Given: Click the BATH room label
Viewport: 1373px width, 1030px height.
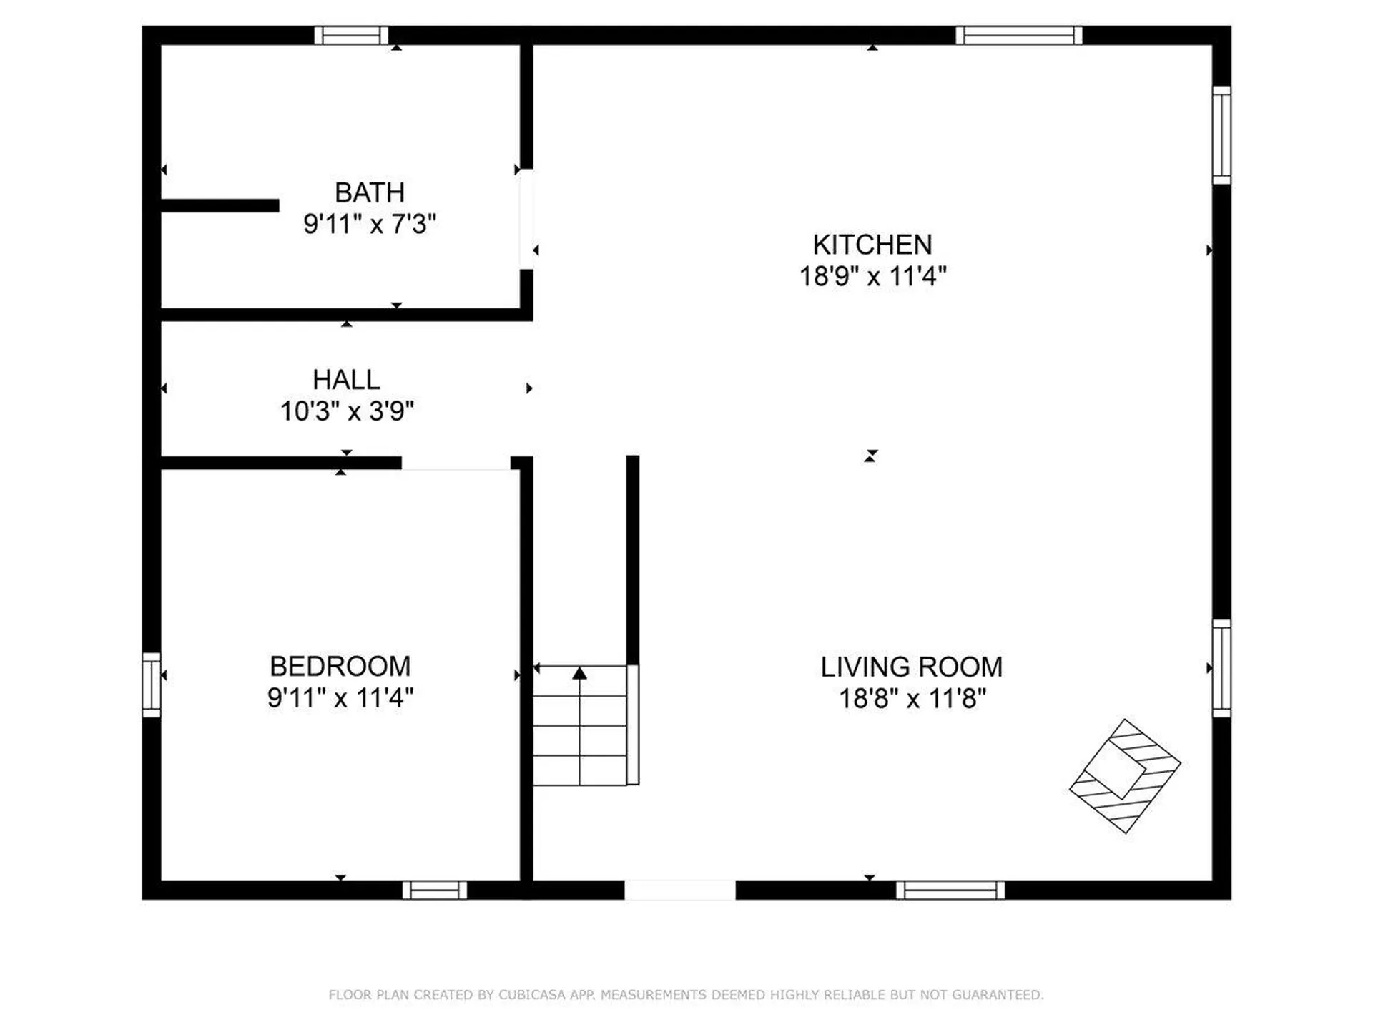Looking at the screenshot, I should pyautogui.click(x=370, y=192).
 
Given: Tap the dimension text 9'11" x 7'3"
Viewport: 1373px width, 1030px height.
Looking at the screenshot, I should pyautogui.click(x=370, y=224).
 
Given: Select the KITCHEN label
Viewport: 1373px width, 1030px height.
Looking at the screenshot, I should pyautogui.click(x=872, y=245).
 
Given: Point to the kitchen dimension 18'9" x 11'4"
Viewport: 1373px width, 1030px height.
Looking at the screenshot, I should pyautogui.click(x=872, y=276).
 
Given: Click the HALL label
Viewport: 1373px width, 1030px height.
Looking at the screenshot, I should pyautogui.click(x=346, y=379).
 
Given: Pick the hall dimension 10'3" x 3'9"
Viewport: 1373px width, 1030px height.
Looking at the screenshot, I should pyautogui.click(x=347, y=411).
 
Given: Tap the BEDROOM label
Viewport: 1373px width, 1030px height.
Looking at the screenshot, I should pyautogui.click(x=340, y=667).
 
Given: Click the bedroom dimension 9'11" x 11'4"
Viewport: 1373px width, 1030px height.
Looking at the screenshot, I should pyautogui.click(x=340, y=697).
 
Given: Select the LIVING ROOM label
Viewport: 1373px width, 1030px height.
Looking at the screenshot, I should pyautogui.click(x=912, y=667).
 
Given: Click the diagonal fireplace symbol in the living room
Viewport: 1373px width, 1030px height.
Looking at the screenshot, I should pyautogui.click(x=1124, y=776).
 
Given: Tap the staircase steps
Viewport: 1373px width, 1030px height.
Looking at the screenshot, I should pyautogui.click(x=580, y=737).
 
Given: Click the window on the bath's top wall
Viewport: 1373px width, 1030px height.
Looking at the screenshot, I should pyautogui.click(x=351, y=35).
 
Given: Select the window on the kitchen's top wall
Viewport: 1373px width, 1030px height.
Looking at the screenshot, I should pyautogui.click(x=1018, y=35).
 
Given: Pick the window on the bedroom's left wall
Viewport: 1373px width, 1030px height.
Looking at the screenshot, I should pyautogui.click(x=151, y=685).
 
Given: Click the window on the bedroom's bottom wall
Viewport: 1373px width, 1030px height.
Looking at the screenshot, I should pyautogui.click(x=434, y=891).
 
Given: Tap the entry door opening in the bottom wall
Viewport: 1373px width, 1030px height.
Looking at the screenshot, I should pyautogui.click(x=679, y=891).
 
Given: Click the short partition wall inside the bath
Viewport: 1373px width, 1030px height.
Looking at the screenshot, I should pyautogui.click(x=220, y=206).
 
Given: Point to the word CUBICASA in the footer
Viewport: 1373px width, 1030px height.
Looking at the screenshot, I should pyautogui.click(x=531, y=995).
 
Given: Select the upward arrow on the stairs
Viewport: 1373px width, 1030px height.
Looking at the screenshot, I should pyautogui.click(x=580, y=673).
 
